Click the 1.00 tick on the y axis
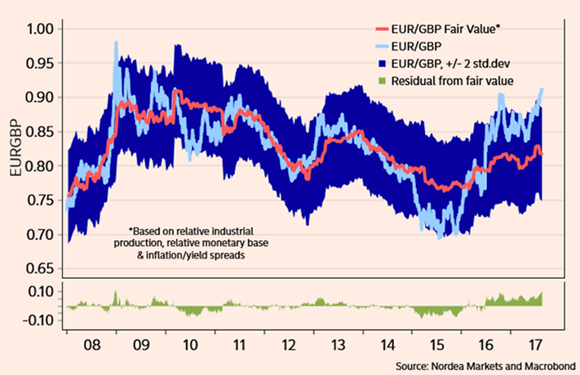coord(40,29)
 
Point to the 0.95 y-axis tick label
coord(40,63)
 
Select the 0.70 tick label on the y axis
coord(40,235)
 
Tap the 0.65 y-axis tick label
coord(40,268)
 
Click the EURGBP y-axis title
coord(14,148)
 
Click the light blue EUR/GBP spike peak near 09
coord(116,42)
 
